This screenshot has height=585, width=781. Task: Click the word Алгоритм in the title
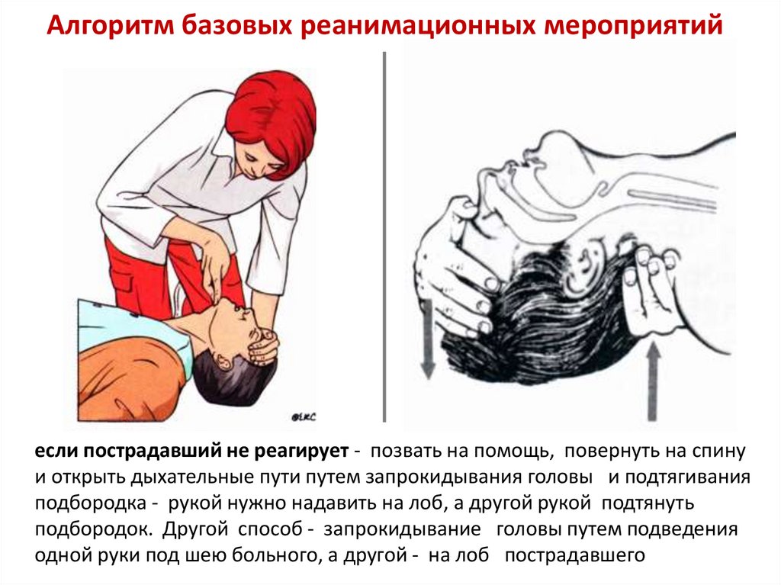(x=110, y=26)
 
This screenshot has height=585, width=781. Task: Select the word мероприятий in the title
(x=633, y=26)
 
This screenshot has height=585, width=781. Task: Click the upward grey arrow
(x=652, y=382)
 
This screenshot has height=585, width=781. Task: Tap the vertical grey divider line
(x=384, y=236)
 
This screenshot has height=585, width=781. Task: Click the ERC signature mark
(x=304, y=416)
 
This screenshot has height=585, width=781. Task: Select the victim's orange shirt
(x=130, y=374)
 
